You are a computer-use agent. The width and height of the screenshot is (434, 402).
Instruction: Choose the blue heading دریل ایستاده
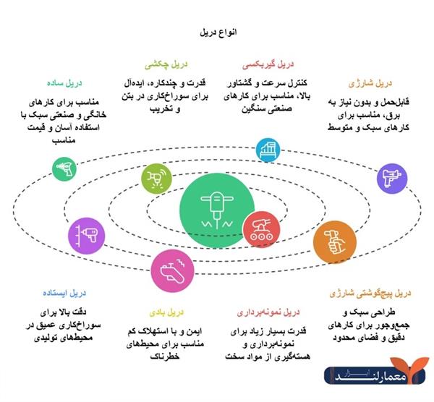pyautogui.click(x=68, y=293)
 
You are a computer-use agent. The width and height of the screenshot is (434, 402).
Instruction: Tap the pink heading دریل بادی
pyautogui.click(x=174, y=312)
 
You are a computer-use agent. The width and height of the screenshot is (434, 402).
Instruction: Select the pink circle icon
pyautogui.click(x=173, y=268)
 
